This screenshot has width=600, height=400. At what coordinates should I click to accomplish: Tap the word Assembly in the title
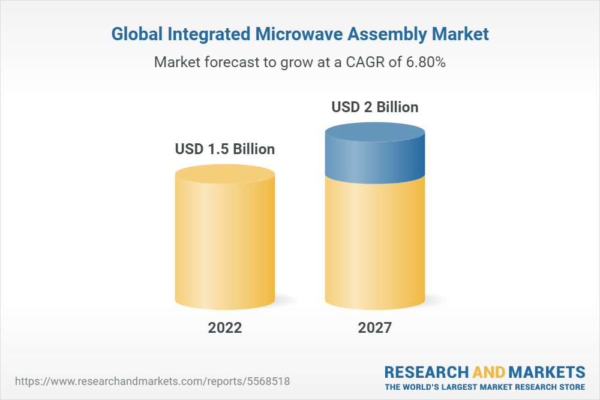[390, 35]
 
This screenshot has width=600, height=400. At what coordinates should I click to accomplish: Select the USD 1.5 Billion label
[225, 149]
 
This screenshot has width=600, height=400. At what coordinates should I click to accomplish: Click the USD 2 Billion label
[375, 107]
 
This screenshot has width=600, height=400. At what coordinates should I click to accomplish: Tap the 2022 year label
[225, 328]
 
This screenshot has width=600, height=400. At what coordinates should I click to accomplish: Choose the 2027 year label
[375, 328]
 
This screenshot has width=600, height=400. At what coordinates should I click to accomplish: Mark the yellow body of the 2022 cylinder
[225, 246]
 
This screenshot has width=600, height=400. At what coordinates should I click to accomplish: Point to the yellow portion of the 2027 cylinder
[375, 246]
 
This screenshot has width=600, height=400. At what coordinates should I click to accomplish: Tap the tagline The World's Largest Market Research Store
[485, 387]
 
